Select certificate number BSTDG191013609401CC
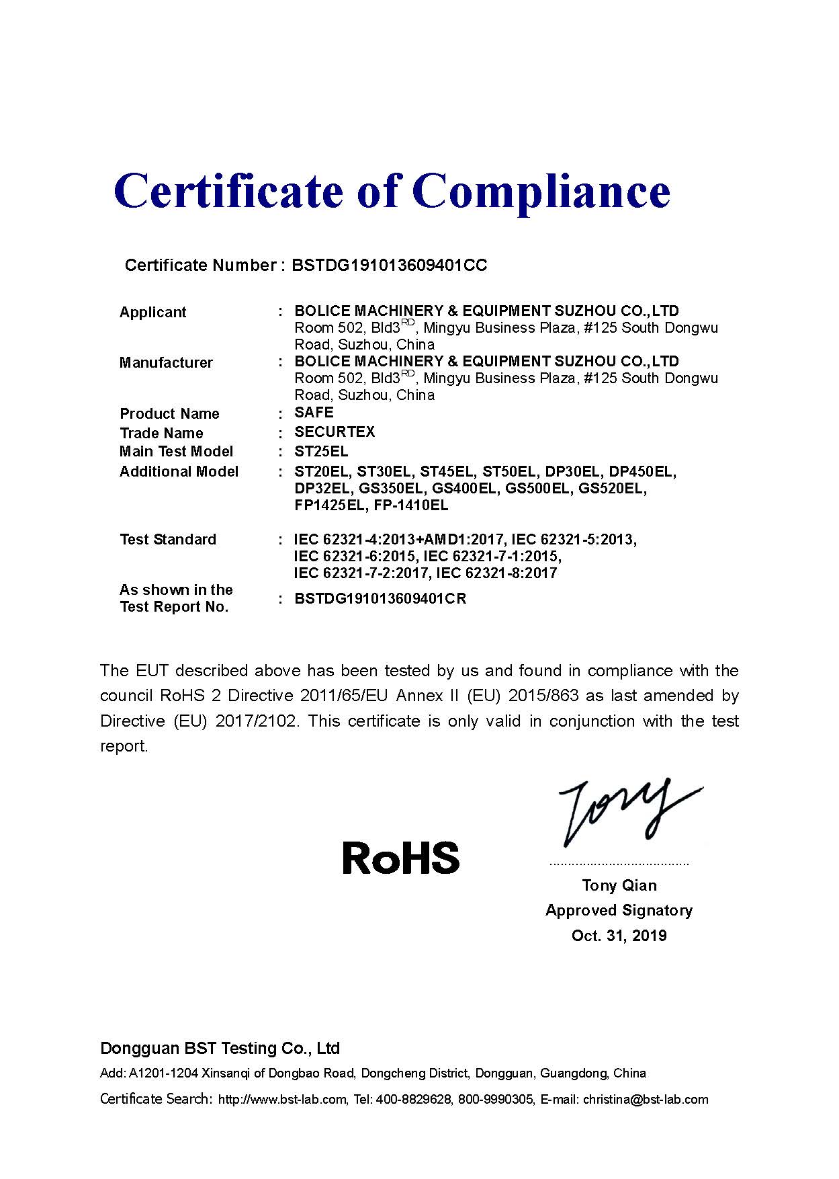pos(390,266)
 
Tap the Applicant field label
pos(152,313)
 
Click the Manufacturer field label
pos(166,363)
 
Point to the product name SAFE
pos(314,412)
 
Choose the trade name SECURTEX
pos(335,432)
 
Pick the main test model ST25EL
pos(321,451)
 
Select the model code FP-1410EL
pos(411,505)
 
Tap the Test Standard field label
pos(168,540)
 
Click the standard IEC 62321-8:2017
pos(496,573)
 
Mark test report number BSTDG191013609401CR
pos(380,599)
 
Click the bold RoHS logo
pos(401,858)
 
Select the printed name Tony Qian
pos(619,885)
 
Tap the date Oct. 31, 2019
pos(619,936)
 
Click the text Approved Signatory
pos(619,911)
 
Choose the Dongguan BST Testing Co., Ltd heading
pos(220,1049)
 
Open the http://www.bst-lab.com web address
pos(282,1100)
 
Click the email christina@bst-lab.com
pos(646,1100)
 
